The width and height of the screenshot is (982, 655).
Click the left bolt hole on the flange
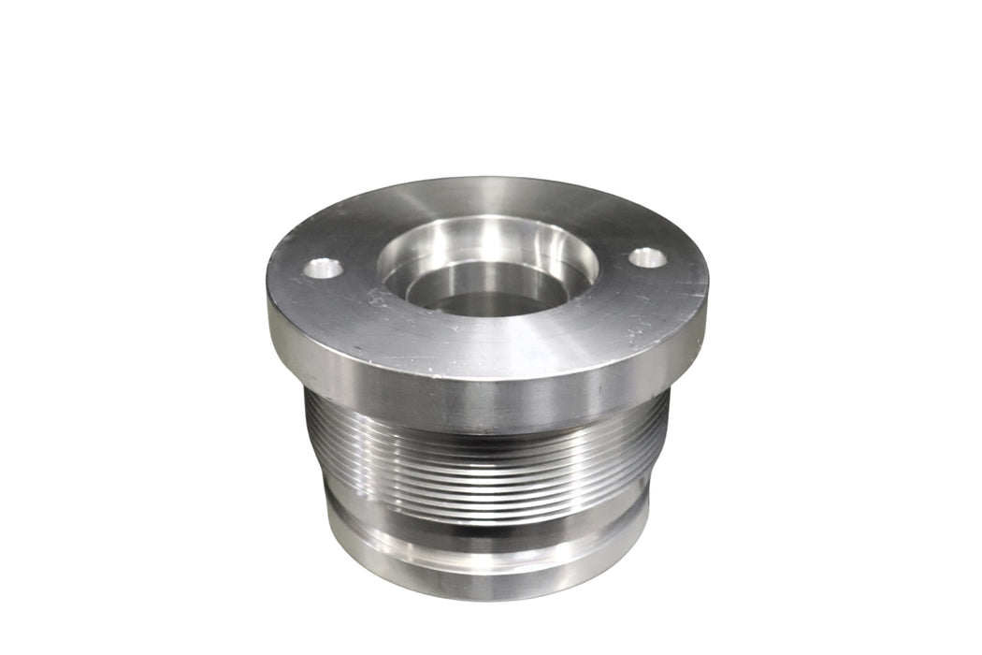point(323,269)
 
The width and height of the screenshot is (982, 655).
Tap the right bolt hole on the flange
point(647,257)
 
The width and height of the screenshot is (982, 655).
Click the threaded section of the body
point(486,458)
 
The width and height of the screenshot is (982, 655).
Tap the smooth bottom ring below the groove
point(486,566)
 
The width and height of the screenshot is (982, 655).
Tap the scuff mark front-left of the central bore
point(379,299)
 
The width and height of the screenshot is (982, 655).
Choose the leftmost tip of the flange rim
point(268,290)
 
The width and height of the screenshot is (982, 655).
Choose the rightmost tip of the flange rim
point(707,281)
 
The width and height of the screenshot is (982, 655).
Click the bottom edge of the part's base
point(486,595)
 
